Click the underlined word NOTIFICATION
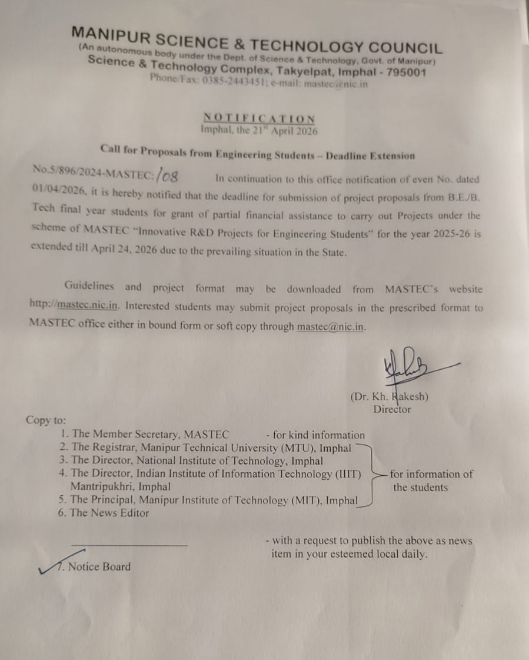[259, 118]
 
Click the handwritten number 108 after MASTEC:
[168, 175]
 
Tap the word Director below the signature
[392, 409]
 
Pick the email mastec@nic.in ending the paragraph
[331, 326]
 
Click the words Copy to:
[46, 420]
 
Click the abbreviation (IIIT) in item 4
[348, 474]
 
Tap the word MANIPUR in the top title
[110, 37]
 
